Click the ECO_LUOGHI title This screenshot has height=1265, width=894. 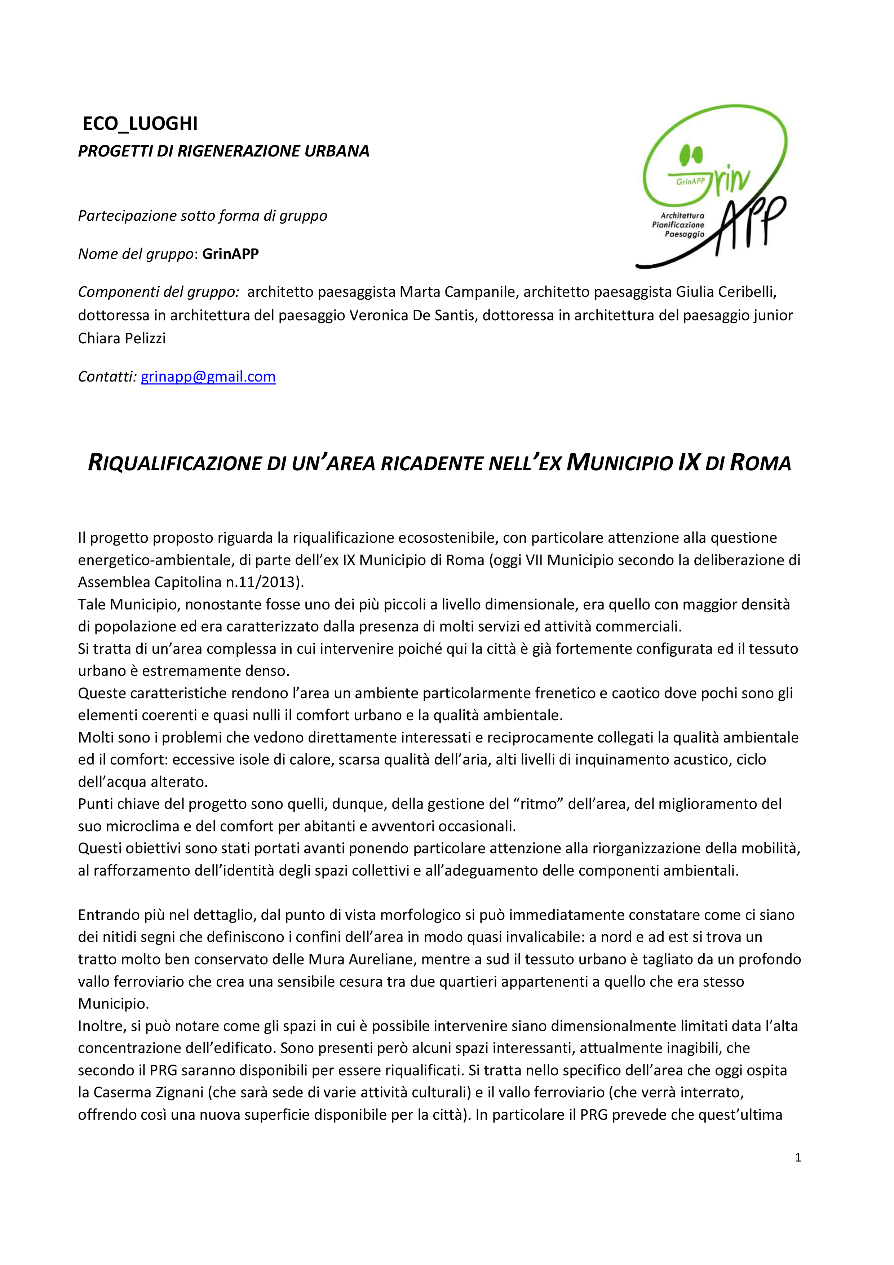pos(140,123)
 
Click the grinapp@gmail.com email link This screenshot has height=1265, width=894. pos(208,376)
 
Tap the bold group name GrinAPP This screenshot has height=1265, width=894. pos(230,254)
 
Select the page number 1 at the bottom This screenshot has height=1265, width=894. pos(798,1158)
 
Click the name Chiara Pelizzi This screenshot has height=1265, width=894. pos(122,338)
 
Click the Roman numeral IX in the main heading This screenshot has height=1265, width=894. pos(689,462)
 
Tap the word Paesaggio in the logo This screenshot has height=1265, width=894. pos(684,234)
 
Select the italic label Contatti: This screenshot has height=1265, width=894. pos(107,376)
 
